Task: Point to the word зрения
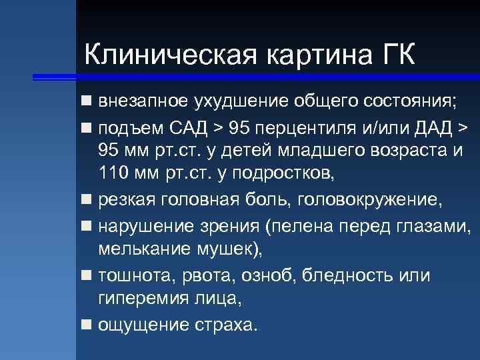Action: (227, 226)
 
